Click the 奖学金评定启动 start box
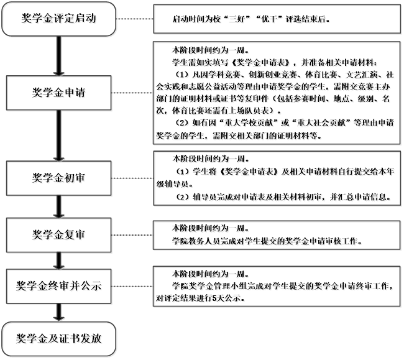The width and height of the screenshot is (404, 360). click(59, 19)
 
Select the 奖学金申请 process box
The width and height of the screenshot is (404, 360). click(59, 93)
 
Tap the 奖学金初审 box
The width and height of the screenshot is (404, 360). click(59, 178)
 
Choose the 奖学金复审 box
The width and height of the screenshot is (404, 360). click(59, 235)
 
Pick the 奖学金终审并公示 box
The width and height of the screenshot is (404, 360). click(59, 286)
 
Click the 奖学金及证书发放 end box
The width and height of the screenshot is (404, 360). click(59, 339)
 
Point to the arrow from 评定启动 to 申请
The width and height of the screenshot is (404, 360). click(59, 56)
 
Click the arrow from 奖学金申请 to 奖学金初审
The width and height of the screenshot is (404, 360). click(59, 136)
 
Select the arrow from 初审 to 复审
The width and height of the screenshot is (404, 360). click(59, 206)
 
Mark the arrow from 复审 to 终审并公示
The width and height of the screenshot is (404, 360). click(59, 261)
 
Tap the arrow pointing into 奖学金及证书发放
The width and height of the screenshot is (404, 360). click(59, 312)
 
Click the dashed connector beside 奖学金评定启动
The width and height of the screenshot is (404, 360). click(135, 19)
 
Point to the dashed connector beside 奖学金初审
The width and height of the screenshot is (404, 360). click(132, 178)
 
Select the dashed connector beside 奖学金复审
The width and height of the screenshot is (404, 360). click(132, 235)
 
